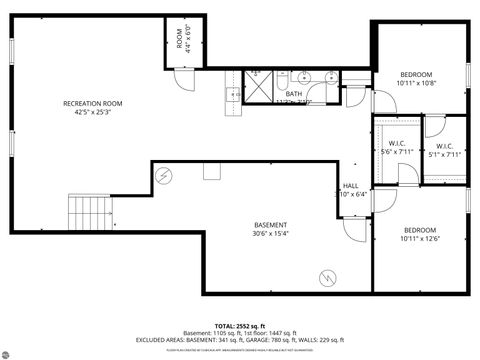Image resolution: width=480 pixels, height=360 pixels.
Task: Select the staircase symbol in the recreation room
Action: coord(86,212)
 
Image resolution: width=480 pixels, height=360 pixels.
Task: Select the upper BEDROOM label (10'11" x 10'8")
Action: coord(416,75)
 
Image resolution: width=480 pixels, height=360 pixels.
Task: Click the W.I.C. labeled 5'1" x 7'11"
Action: coord(444,147)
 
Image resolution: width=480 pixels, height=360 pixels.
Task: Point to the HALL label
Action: coord(351,186)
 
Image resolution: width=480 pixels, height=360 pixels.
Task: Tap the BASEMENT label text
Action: coord(270,225)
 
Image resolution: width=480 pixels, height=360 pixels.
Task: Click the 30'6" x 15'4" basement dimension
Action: coord(270,233)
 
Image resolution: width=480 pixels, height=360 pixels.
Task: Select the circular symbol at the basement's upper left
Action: coord(163,175)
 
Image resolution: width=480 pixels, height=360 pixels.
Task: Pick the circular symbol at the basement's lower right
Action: coord(326,275)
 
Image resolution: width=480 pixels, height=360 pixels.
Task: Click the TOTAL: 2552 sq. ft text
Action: coord(239,326)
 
